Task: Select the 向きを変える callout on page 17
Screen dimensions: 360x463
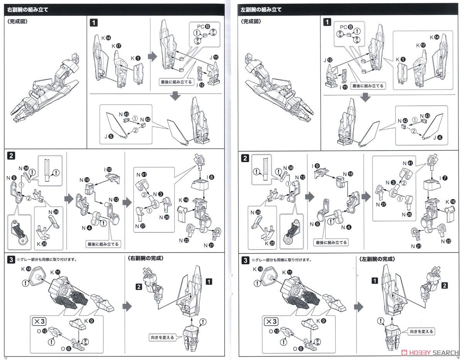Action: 162,337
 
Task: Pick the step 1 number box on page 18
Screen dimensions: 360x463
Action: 327,22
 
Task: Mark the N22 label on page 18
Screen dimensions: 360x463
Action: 448,242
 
